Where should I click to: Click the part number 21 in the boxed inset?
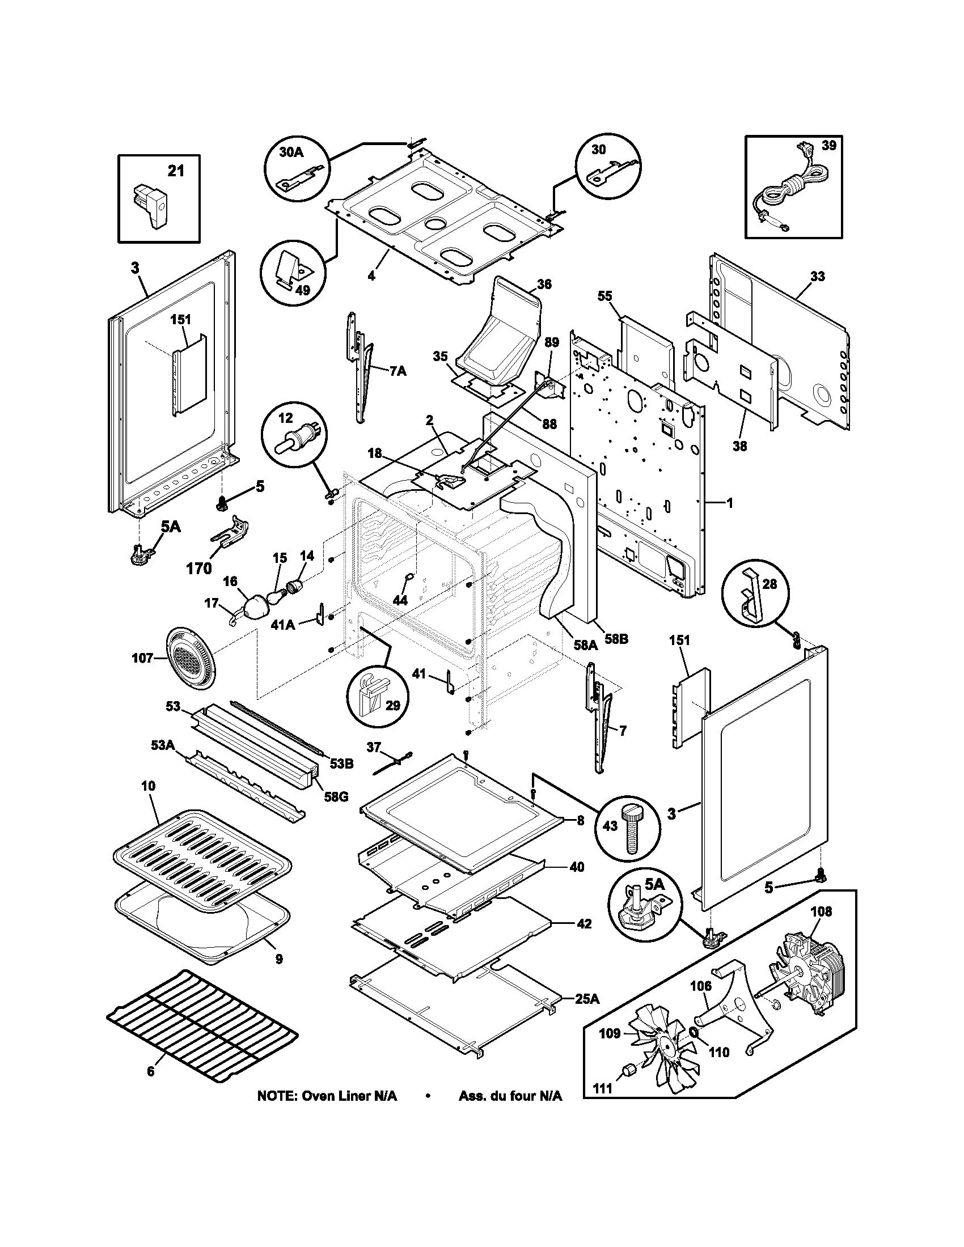(x=176, y=170)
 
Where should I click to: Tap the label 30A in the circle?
(x=291, y=152)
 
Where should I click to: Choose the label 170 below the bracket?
(x=198, y=568)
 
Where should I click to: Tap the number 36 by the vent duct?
(x=544, y=284)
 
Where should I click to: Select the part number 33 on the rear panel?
(x=817, y=277)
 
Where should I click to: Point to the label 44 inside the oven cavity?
(x=400, y=600)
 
